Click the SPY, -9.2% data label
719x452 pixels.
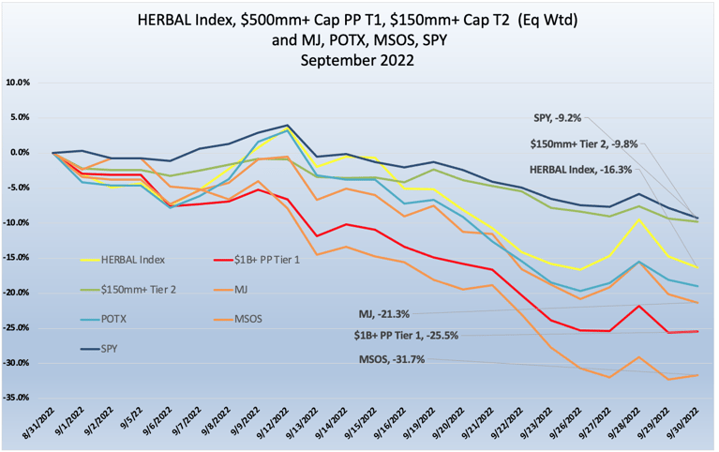[x=556, y=118]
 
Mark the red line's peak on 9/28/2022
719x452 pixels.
[x=613, y=306]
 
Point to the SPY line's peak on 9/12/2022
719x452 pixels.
[x=287, y=126]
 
